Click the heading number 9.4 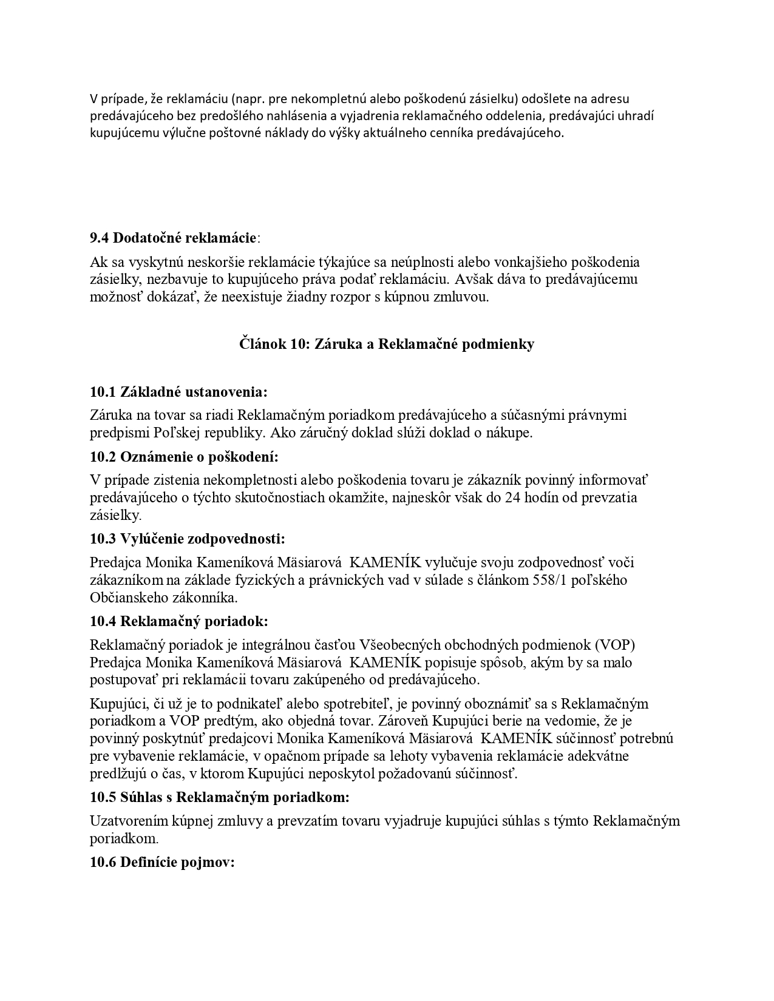click(100, 237)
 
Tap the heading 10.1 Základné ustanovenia click(178, 391)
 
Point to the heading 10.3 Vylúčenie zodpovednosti click(187, 539)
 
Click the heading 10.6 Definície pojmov click(162, 863)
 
